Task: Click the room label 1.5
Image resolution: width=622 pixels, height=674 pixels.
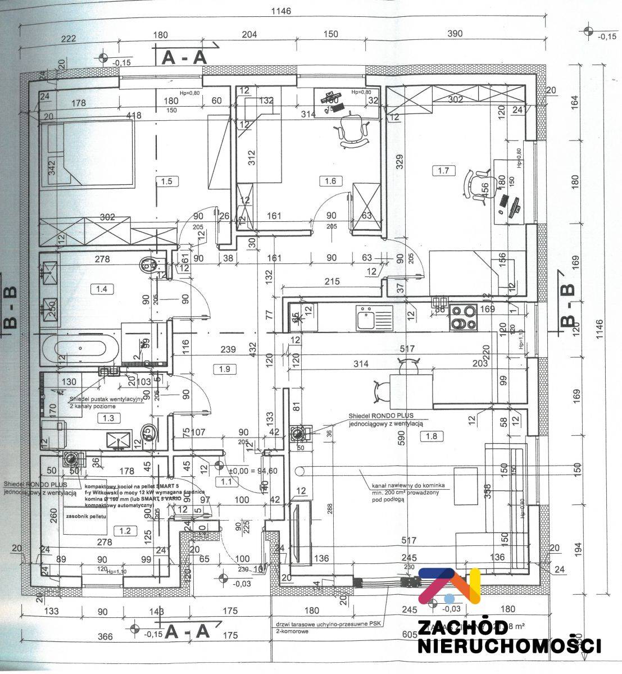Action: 166,181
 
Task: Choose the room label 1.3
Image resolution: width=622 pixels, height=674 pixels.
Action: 105,417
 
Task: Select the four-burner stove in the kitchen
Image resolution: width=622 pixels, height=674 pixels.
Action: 462,317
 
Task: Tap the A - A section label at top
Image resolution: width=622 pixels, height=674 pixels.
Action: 184,57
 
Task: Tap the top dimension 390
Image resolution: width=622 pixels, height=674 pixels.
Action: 455,34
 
